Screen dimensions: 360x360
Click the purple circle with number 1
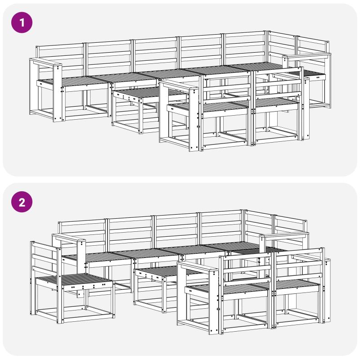click(22, 22)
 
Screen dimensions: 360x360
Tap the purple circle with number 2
click(22, 202)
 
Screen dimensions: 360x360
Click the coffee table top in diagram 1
click(138, 93)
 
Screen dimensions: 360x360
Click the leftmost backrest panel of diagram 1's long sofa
click(60, 58)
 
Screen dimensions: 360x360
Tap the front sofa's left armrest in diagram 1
click(178, 86)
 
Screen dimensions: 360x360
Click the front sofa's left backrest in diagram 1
click(226, 88)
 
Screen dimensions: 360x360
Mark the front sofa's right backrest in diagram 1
click(277, 84)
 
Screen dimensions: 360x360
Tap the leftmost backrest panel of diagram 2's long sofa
click(83, 234)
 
